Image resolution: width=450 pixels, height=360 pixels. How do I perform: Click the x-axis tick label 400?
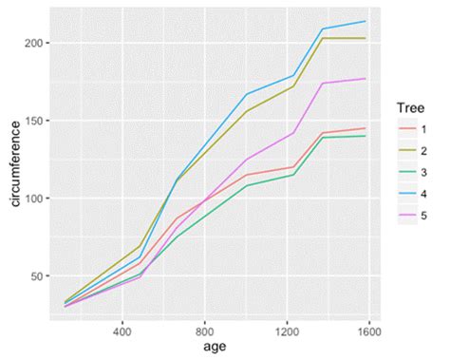(122, 332)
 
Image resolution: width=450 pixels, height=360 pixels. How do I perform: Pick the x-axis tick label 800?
(204, 332)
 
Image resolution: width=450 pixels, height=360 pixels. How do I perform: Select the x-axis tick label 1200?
(286, 332)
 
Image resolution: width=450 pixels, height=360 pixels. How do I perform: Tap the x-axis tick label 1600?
(368, 332)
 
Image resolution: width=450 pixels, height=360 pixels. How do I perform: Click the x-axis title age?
(204, 349)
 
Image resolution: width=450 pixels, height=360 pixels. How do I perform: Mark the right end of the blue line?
(366, 22)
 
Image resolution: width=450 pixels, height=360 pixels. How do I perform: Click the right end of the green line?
(366, 136)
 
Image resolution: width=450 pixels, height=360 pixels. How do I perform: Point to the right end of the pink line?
(366, 79)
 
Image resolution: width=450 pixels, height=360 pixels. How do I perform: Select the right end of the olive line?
(366, 38)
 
